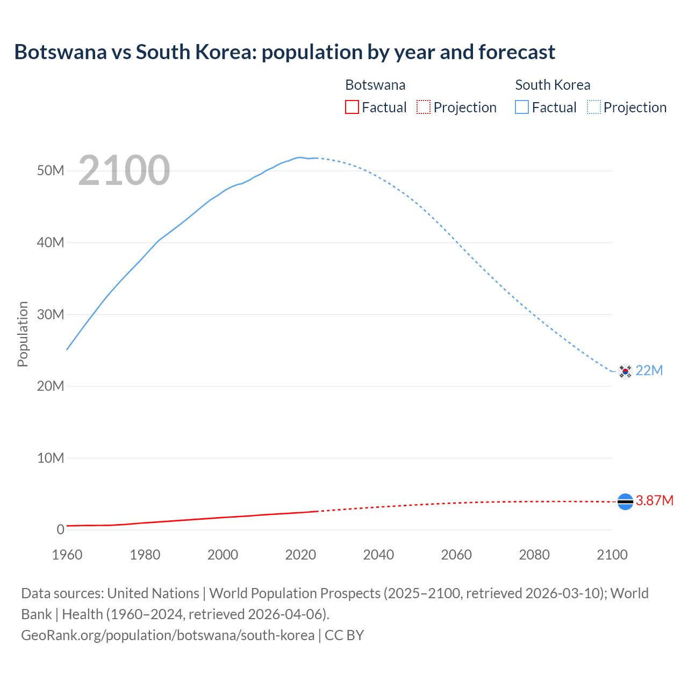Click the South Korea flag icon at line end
point(625,371)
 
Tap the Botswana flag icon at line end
point(625,501)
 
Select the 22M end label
point(649,371)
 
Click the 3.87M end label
point(655,501)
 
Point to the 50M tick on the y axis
point(51,171)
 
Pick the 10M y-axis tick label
point(51,458)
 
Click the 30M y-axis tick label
point(51,314)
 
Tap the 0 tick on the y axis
point(60,529)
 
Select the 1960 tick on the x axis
point(67,555)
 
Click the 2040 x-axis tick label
point(378,555)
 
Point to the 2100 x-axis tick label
point(612,555)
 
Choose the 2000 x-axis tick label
point(223,555)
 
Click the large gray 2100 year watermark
point(124,171)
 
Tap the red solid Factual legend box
point(352,107)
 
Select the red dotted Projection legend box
point(424,107)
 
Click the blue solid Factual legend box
point(522,107)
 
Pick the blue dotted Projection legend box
point(594,107)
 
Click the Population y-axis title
point(23,334)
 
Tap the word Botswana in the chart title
point(60,52)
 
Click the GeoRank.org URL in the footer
point(168,635)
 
